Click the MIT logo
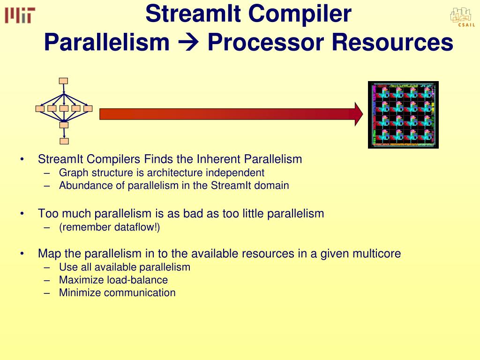(x=20, y=15)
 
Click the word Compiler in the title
(x=300, y=14)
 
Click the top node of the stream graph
(x=64, y=81)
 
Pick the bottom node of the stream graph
(x=64, y=141)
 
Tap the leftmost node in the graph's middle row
(x=40, y=109)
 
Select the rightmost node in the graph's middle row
(x=88, y=109)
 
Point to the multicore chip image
(x=403, y=115)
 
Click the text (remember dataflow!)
(x=109, y=228)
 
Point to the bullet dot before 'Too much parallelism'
(x=22, y=214)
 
